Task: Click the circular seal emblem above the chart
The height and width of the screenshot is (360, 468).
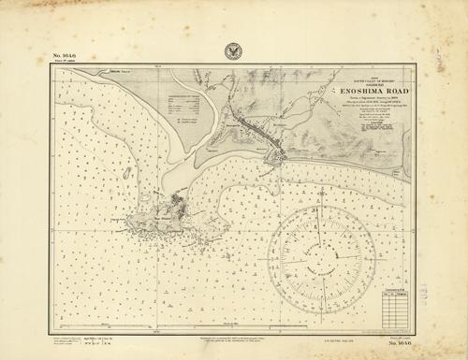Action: (232, 52)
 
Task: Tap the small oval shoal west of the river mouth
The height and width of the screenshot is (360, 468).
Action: (124, 173)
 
